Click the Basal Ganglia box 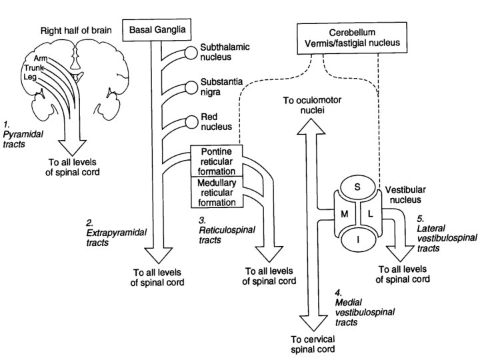click(x=157, y=30)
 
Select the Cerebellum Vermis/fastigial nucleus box click(x=352, y=38)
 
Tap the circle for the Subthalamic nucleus click(x=191, y=53)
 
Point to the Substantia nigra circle click(x=191, y=87)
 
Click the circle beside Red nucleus click(x=192, y=122)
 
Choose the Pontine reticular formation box click(x=217, y=161)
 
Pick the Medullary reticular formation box click(x=217, y=193)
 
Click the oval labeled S click(x=357, y=187)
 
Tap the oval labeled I click(x=358, y=240)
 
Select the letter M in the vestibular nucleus click(x=345, y=214)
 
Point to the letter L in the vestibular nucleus click(x=371, y=214)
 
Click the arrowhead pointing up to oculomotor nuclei click(x=311, y=126)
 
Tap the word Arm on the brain click(x=41, y=58)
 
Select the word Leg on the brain click(x=30, y=77)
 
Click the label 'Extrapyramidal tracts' click(x=116, y=237)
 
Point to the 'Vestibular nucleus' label click(x=405, y=195)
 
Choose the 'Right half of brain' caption click(x=76, y=31)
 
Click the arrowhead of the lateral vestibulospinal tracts click(x=401, y=253)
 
